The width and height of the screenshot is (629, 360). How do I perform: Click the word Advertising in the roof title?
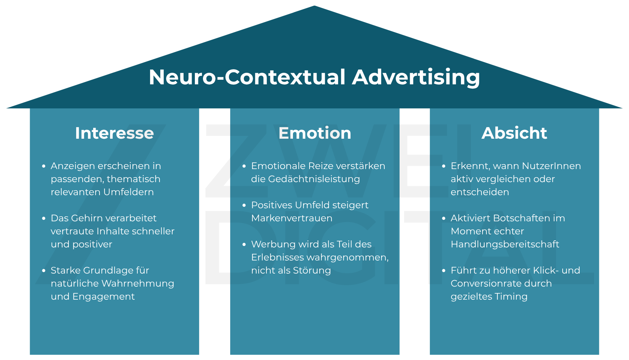pos(416,77)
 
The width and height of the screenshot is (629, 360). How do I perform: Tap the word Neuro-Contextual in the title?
pos(247,77)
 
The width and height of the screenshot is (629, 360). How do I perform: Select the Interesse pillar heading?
pos(114,133)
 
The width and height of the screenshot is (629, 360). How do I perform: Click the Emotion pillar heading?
pos(314,133)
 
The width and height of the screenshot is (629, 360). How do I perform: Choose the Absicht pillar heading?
pos(514,133)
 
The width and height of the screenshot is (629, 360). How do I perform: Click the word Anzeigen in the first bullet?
pos(73,166)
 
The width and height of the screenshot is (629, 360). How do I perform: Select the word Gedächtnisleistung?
pos(314,179)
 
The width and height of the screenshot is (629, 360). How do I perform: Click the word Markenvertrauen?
pos(292,218)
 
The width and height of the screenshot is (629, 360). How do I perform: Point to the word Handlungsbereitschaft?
pos(505,244)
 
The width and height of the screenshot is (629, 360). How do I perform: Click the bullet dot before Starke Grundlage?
pos(44,271)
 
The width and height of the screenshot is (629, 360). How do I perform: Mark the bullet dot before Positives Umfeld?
pos(244,205)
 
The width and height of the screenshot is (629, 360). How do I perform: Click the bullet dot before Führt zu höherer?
pos(444,271)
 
